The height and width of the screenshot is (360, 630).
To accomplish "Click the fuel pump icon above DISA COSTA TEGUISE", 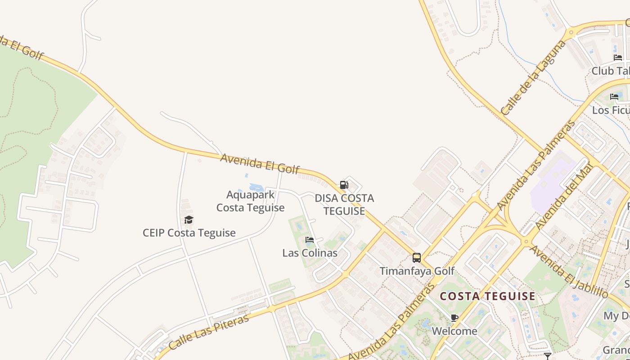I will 344,184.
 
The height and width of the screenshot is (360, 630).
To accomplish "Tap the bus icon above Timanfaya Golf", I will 417,258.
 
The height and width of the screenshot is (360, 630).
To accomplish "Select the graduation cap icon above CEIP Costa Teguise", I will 189,220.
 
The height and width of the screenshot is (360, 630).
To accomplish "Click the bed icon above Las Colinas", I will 309,240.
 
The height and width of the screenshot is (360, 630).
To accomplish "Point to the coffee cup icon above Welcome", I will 454,318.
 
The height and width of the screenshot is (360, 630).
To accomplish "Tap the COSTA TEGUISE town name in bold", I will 488,297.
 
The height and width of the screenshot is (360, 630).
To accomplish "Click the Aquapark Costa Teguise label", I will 250,201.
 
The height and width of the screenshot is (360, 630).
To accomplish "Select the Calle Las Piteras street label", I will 209,333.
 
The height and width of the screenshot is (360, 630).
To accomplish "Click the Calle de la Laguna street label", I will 533,77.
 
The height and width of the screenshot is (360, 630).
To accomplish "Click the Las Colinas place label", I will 310,253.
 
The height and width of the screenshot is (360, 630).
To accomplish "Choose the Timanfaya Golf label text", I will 417,271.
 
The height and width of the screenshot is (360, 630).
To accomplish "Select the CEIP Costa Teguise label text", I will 189,233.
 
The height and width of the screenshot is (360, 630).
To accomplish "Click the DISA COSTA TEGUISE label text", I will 344,204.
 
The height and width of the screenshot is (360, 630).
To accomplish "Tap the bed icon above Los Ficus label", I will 614,97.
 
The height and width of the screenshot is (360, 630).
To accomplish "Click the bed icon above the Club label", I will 618,58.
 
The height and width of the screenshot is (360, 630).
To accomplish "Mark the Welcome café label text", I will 454,331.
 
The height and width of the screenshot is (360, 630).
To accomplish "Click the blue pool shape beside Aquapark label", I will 256,187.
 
